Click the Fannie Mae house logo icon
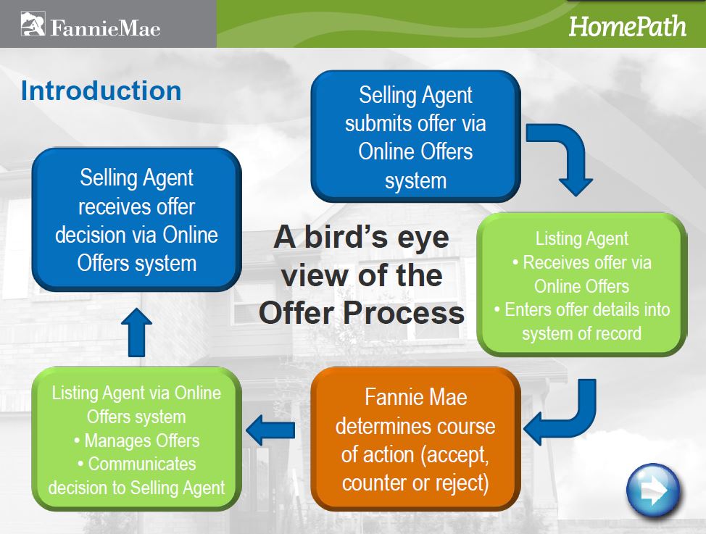click(x=33, y=24)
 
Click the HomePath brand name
click(x=627, y=26)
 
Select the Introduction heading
click(x=101, y=91)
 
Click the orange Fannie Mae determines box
click(x=415, y=438)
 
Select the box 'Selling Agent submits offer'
click(x=415, y=136)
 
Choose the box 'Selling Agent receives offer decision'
click(x=136, y=220)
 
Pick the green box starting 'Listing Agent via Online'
click(x=136, y=439)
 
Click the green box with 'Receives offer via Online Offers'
click(x=582, y=285)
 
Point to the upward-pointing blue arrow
click(x=136, y=333)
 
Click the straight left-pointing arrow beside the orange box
click(x=270, y=430)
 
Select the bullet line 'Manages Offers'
click(x=136, y=441)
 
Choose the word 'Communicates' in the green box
click(x=142, y=464)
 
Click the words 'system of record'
click(x=582, y=333)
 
